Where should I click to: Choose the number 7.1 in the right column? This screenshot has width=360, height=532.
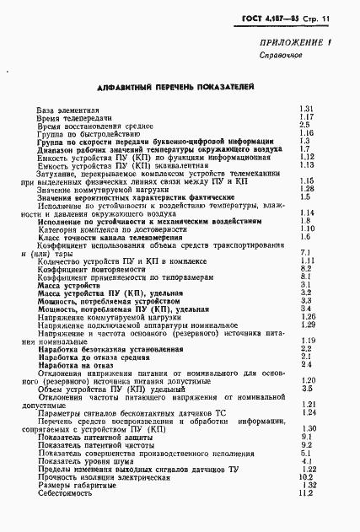coord(305,252)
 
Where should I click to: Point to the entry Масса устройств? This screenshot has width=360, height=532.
coord(70,284)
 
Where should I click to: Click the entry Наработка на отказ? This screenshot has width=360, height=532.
coord(76,363)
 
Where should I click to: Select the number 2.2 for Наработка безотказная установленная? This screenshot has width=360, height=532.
coord(306,348)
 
